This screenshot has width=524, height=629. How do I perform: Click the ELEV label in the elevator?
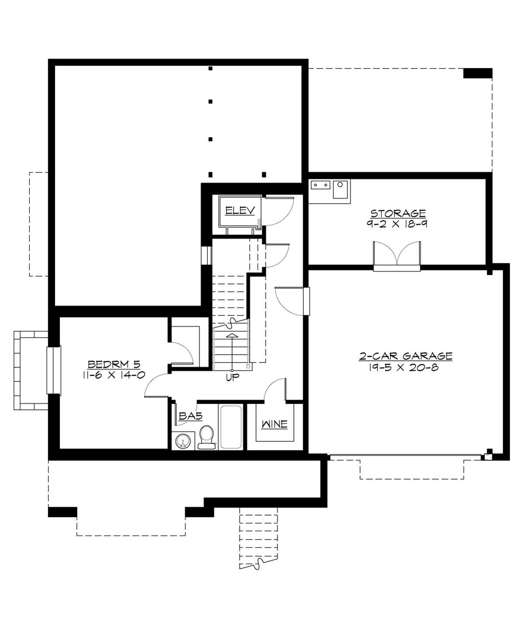[240, 211]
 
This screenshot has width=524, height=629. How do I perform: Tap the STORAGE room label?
[398, 213]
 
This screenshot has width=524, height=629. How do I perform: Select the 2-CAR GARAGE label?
[406, 356]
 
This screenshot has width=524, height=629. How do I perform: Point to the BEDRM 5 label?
[114, 364]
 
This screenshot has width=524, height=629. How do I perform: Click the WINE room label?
[274, 424]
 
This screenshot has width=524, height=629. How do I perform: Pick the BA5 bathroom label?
[190, 416]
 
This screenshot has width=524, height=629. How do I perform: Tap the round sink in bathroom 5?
[183, 441]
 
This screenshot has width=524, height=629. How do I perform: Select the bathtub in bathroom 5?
[231, 427]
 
